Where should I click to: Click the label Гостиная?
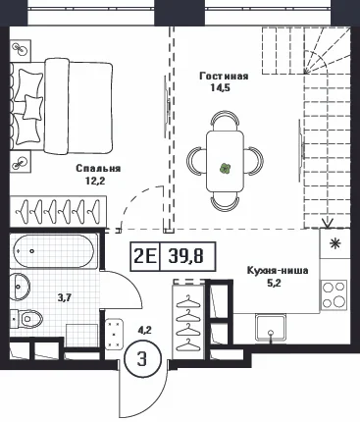point(224,77)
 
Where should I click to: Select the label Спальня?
point(98,169)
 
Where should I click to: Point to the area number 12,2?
point(95,181)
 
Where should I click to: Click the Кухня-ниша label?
point(278,271)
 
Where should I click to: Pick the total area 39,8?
point(186,256)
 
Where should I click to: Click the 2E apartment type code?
point(145,256)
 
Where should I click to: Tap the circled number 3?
point(142,360)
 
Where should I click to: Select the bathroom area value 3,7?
point(65,297)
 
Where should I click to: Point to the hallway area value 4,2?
point(145,331)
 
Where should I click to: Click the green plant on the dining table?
point(225,169)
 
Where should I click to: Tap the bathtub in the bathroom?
point(54,251)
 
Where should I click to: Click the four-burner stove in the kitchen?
point(334,295)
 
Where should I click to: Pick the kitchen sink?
point(271,328)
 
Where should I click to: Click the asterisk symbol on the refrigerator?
point(334,244)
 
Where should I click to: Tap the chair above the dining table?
point(225,121)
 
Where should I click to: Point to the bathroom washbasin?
point(20,287)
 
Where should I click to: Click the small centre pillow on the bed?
point(32,107)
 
